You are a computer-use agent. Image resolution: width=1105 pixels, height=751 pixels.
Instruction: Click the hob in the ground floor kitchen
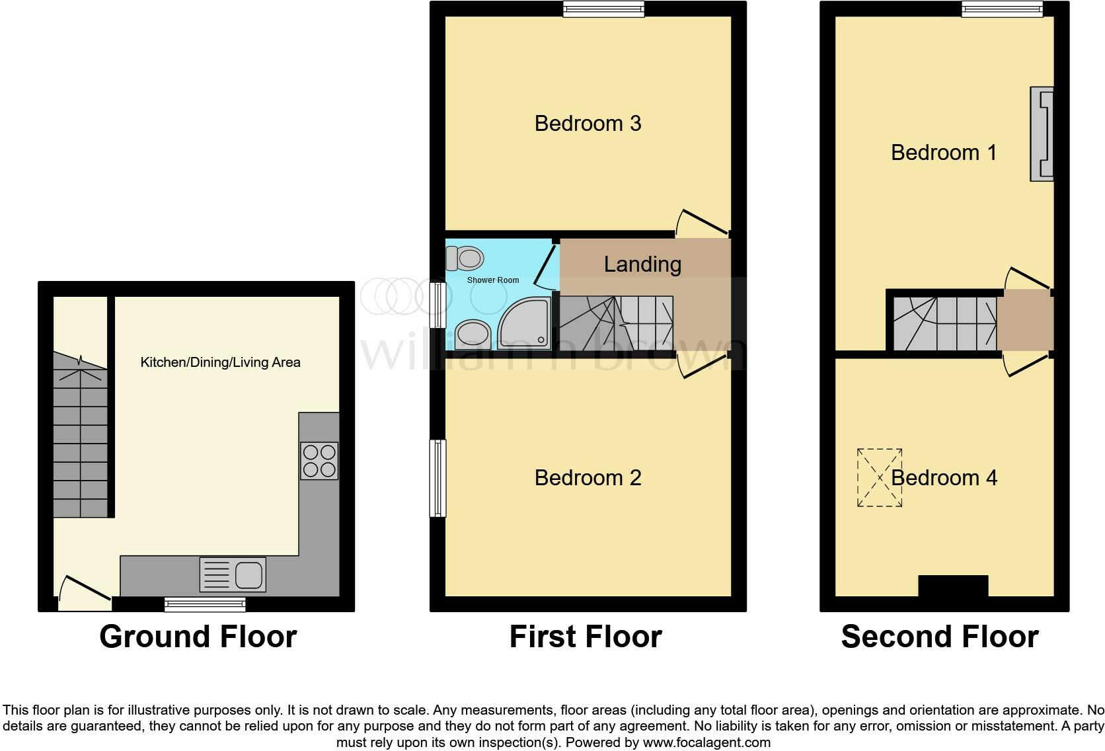tap(319, 460)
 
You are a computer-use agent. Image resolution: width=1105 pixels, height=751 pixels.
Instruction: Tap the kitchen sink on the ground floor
tap(233, 574)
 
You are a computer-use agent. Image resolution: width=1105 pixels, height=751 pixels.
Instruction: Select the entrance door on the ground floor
tap(85, 590)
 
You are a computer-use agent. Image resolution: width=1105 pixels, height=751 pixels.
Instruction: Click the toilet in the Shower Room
tap(465, 258)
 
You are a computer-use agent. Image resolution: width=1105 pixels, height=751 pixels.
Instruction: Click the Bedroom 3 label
tap(588, 124)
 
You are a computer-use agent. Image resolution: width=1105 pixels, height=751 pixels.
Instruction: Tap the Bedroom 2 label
tap(588, 477)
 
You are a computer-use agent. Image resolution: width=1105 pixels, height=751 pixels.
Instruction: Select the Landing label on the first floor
tap(642, 264)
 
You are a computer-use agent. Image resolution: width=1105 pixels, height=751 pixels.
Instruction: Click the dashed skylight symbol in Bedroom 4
tap(880, 477)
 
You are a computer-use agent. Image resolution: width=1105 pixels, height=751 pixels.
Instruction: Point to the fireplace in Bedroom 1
tap(1042, 134)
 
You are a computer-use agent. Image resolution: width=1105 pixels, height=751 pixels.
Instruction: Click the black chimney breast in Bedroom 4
tap(953, 586)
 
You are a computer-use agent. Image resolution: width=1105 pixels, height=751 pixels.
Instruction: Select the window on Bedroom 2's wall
tap(438, 477)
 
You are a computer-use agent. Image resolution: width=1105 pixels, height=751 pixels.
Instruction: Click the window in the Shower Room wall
tap(438, 305)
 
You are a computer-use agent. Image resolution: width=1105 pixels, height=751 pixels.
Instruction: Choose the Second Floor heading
tap(939, 637)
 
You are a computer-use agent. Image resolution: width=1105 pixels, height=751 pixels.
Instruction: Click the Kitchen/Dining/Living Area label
tap(220, 362)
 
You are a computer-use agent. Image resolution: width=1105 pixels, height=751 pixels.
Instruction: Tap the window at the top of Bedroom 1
tap(1002, 9)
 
